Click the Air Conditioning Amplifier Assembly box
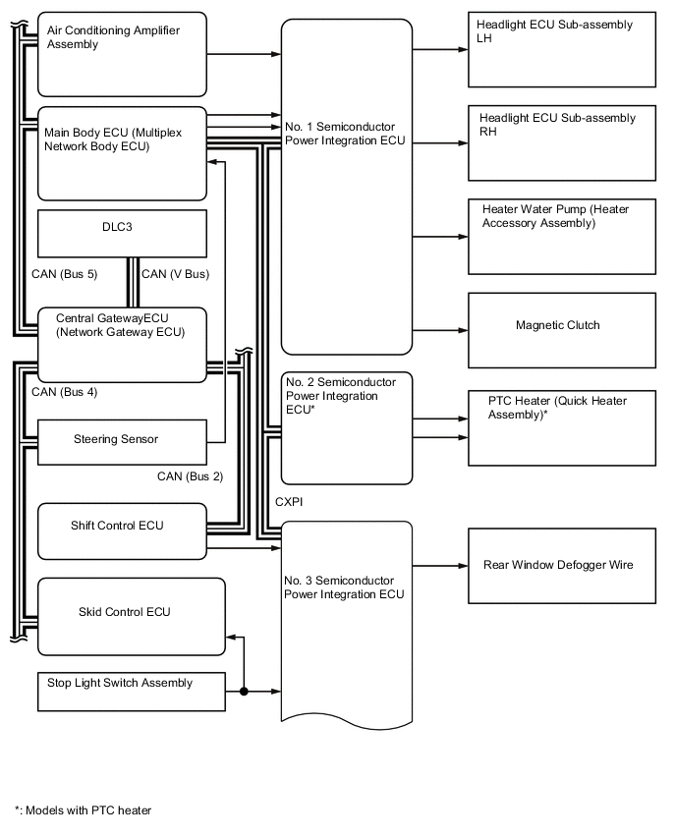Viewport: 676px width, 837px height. tap(122, 53)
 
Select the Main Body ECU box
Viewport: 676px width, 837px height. tap(122, 152)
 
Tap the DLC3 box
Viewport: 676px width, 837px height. tap(122, 234)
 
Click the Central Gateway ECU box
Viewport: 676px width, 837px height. tap(122, 343)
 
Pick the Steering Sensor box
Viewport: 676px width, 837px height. tap(122, 442)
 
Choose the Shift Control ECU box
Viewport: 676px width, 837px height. tap(122, 531)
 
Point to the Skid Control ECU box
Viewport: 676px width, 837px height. tap(131, 616)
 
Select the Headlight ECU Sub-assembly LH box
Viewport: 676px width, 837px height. tap(562, 49)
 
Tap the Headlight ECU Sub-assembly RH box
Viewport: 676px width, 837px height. tap(562, 143)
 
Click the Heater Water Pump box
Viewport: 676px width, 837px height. tap(562, 236)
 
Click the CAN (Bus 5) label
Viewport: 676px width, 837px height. tap(64, 274)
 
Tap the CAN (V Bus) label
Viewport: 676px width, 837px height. tap(175, 274)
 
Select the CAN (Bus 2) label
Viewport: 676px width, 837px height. tap(190, 476)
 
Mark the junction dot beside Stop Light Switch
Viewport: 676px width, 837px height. tap(243, 692)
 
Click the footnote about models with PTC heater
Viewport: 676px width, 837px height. tap(84, 810)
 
